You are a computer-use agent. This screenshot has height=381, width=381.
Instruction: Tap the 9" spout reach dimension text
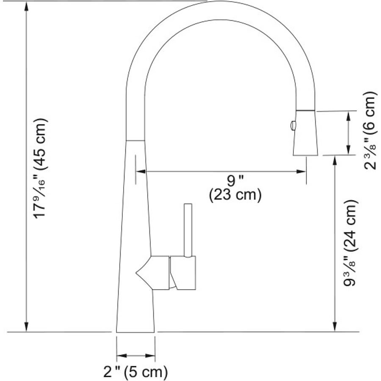235,181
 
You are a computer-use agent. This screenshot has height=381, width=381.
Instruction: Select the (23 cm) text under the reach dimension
235,195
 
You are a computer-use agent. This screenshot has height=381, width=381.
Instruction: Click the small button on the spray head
292,125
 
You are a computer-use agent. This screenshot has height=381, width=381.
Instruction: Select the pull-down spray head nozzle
305,133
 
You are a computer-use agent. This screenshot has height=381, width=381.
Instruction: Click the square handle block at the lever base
183,273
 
